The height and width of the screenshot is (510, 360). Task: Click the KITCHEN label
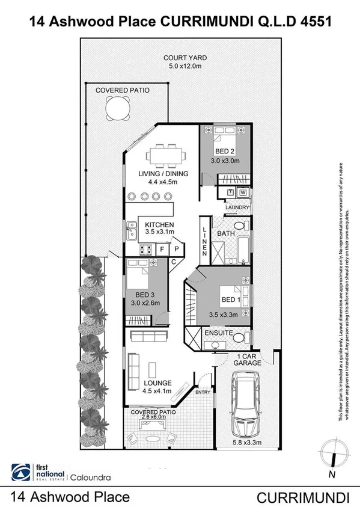coord(160,225)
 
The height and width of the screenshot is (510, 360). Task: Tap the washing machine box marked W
coord(243,192)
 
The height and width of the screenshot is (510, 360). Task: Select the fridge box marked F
coord(161,248)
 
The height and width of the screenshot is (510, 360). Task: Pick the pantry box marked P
coord(177,248)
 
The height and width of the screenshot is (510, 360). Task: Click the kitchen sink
coord(131,229)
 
